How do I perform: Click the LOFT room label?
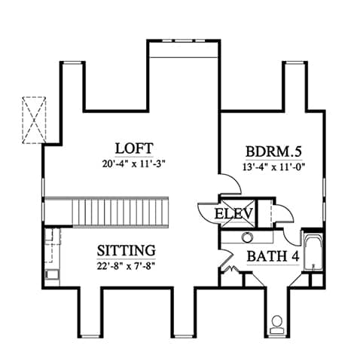pos(134,148)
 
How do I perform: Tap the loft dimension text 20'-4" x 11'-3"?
pos(134,164)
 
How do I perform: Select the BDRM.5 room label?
pos(273,151)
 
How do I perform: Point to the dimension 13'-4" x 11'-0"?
pos(273,167)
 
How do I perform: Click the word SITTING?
pos(127,250)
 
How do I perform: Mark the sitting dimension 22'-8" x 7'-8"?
pos(126,266)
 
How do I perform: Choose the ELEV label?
pos(233,214)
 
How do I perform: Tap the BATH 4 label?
pos(273,256)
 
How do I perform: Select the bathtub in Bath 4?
pos(313,252)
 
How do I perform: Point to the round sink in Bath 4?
pos(247,237)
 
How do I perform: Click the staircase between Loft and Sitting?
pos(120,213)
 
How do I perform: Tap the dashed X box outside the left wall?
pos(34,120)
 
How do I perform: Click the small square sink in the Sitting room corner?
pos(52,274)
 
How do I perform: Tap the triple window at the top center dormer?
pos(182,41)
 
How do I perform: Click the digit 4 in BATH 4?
pos(295,256)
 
